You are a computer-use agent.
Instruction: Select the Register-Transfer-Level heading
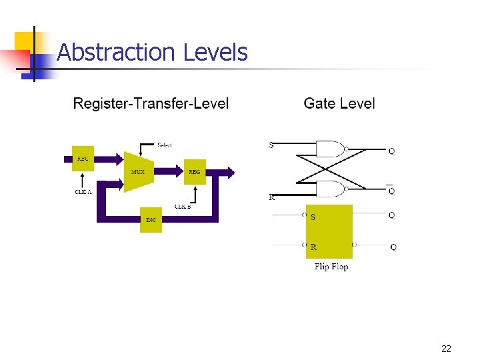151,103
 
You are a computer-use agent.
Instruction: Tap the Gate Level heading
339,103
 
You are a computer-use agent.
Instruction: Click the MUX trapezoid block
138,171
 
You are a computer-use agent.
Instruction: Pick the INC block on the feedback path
151,220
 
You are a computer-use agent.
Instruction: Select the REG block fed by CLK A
83,159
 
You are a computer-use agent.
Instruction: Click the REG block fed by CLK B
194,172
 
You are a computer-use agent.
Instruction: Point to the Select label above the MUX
165,145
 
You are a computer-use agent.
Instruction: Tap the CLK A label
83,192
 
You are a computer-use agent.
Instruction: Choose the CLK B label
183,207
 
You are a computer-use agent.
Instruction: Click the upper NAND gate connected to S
330,149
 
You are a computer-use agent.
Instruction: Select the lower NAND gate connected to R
330,189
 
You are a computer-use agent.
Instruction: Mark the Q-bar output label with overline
391,191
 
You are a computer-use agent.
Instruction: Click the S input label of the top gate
271,145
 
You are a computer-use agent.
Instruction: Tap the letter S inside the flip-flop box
313,217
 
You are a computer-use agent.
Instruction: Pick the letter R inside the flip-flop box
313,247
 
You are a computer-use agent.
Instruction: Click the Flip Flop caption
331,267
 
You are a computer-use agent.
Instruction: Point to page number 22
446,349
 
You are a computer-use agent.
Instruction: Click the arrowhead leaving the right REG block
230,172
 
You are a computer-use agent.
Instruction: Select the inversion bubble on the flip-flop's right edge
354,245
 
